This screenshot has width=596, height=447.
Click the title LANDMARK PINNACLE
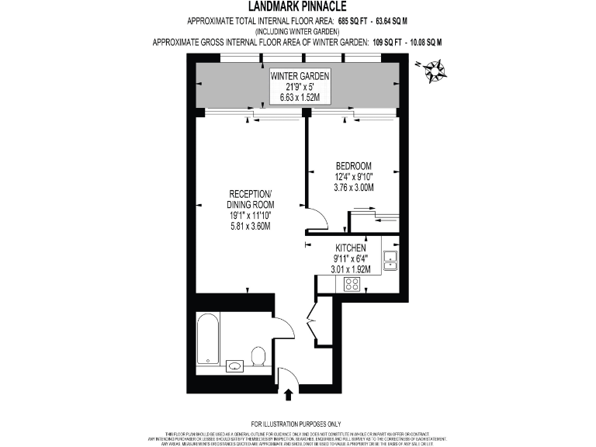298,6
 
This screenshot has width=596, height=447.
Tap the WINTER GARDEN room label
300,76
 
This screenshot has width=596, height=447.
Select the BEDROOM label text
354,166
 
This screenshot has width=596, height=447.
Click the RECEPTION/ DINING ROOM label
250,199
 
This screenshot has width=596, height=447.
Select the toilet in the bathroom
259,356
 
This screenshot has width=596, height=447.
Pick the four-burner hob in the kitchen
352,284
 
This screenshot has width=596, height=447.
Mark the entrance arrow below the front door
289,394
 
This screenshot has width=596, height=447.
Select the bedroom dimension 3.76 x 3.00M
354,188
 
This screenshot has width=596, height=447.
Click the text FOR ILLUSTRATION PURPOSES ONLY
298,423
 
